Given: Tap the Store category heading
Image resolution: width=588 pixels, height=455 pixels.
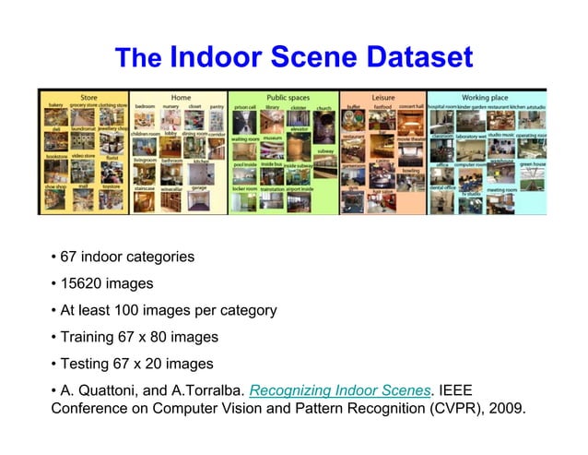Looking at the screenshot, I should point(88,96).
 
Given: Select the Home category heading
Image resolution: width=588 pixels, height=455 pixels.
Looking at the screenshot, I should point(181,96).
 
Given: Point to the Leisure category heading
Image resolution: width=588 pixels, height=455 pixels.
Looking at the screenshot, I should point(382,96).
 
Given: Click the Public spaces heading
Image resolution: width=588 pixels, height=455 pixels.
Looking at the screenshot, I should point(288,96).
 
